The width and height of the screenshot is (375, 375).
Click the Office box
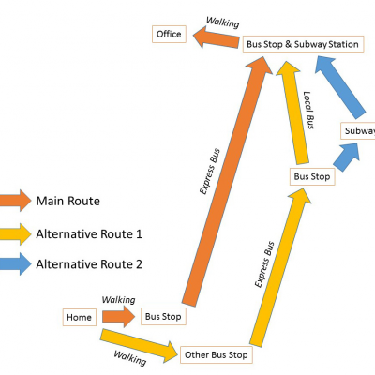(x=169, y=34)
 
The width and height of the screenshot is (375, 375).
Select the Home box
(x=80, y=317)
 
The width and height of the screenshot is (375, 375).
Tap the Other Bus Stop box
(x=217, y=354)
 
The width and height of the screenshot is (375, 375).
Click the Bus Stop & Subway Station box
(x=303, y=44)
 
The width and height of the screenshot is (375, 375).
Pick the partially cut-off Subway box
(x=358, y=130)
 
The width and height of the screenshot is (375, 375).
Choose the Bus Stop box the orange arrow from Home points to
(x=163, y=316)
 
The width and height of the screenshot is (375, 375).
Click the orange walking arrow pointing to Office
(x=217, y=37)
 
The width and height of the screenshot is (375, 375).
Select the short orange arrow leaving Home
(x=119, y=317)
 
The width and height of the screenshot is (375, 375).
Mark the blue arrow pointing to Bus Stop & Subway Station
(x=340, y=87)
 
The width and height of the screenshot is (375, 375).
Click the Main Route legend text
(x=68, y=201)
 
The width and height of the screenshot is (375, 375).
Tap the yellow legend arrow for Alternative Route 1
(x=16, y=233)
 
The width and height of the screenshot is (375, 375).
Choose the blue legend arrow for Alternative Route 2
(x=16, y=264)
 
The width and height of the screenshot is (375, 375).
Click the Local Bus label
(x=308, y=110)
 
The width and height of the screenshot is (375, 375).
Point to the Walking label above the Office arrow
(x=222, y=22)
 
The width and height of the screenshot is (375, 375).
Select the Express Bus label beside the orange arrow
(x=210, y=172)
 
